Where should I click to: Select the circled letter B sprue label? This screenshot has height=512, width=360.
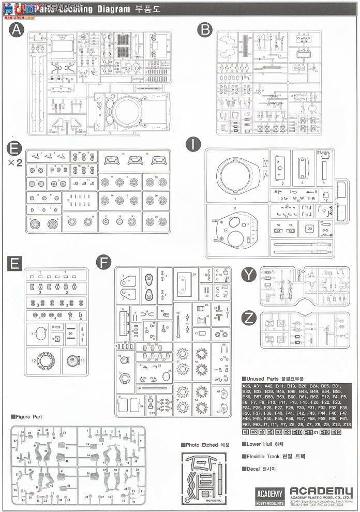pyautogui.click(x=206, y=31)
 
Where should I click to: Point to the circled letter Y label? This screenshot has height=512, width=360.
pyautogui.click(x=249, y=275)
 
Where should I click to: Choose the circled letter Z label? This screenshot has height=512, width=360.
pyautogui.click(x=249, y=315)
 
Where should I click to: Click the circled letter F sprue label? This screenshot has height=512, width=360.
pyautogui.click(x=103, y=263)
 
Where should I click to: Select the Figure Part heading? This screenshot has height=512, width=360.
pyautogui.click(x=27, y=416)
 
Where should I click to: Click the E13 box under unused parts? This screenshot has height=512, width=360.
pyautogui.click(x=336, y=432)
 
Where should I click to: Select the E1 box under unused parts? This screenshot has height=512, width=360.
pyautogui.click(x=246, y=432)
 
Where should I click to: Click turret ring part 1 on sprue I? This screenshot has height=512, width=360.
pyautogui.click(x=236, y=175)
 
